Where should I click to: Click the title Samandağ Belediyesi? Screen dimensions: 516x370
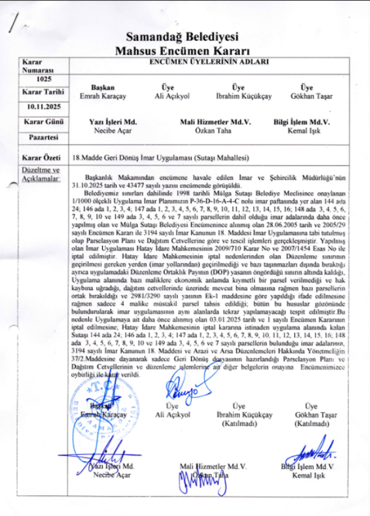tap(182, 38)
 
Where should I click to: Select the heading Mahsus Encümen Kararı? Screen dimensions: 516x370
tap(182, 50)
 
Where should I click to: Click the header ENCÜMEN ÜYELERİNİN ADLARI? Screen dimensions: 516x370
tap(209, 61)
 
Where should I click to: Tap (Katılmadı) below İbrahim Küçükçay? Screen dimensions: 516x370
tap(240, 424)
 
